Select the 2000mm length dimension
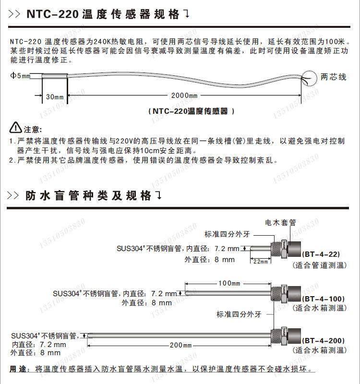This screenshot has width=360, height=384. tap(184, 96)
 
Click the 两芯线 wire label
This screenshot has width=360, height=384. tap(333, 77)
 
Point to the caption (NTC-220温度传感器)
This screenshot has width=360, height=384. tap(192, 111)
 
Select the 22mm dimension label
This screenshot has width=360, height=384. tap(260, 262)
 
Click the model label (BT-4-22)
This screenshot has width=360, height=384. tap(322, 255)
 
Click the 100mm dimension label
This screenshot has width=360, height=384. tap(228, 283)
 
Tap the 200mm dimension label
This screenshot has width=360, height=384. tap(180, 345)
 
